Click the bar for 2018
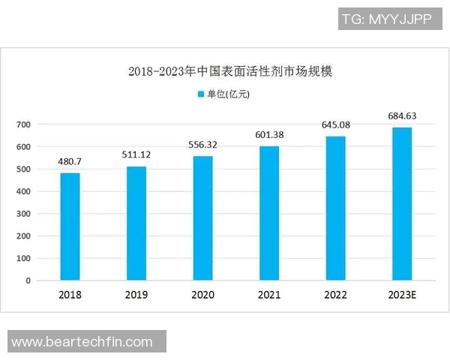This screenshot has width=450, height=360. point(70,226)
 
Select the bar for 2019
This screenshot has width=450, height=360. point(136,223)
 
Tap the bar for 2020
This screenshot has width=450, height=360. point(202,218)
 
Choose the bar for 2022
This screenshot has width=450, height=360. point(335,208)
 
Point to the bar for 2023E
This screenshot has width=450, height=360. point(402,204)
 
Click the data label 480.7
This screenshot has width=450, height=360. point(70,161)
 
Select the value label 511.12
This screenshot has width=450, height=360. point(136,154)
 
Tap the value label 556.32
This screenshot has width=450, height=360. point(202,144)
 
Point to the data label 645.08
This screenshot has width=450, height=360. point(335,124)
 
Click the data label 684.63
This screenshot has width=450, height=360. point(402,115)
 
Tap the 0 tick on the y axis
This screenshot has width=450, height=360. point(28,280)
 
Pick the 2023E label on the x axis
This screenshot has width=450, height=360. point(402,295)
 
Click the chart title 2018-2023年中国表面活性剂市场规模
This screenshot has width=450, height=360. point(229,72)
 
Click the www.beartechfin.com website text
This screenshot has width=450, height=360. point(82,342)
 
